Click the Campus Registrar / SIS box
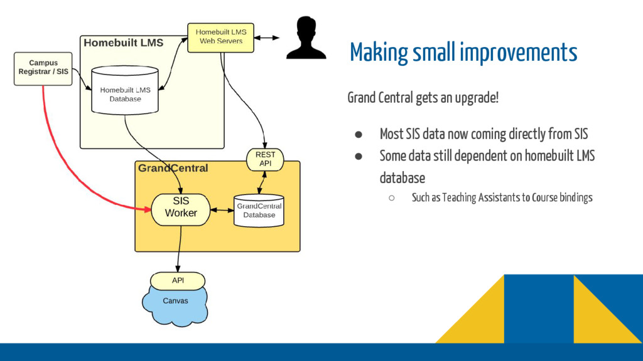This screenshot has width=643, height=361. [x=43, y=68]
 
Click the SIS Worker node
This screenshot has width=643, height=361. [x=181, y=209]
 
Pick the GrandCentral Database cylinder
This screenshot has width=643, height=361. [x=259, y=210]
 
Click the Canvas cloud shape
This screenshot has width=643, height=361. [x=175, y=303]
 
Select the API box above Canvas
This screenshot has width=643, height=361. [x=178, y=280]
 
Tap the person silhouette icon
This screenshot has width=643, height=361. [x=306, y=38]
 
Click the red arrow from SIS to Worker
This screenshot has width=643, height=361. [x=63, y=157]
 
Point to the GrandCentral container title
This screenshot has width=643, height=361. [x=173, y=169]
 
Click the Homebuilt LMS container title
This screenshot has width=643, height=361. [x=123, y=43]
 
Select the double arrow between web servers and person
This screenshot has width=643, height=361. [x=266, y=38]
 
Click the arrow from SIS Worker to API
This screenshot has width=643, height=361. [x=180, y=248]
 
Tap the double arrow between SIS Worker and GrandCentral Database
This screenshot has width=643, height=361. [x=222, y=210]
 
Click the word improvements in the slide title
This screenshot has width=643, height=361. [x=518, y=53]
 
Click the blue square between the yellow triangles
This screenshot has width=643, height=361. [x=539, y=308]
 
